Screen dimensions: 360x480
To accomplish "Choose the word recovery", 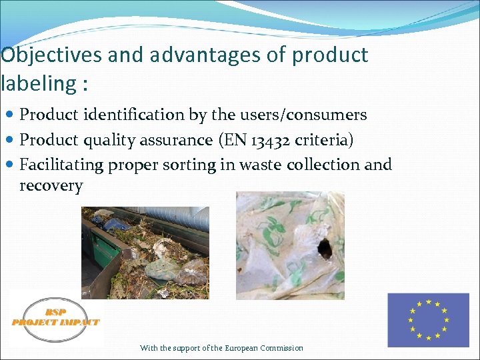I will click(51, 186).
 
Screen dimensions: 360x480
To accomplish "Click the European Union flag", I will click(428, 320).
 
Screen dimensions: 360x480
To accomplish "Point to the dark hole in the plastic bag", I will click(325, 249).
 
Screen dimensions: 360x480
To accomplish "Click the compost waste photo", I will click(145, 252).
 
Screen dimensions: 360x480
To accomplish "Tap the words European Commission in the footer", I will click(264, 348).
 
